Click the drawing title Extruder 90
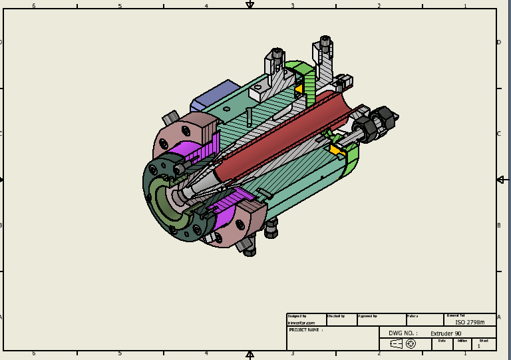[445, 333]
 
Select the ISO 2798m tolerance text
[470, 322]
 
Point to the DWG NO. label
[401, 333]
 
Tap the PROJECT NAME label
[305, 329]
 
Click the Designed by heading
[297, 316]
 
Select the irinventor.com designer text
[297, 322]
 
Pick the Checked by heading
[336, 316]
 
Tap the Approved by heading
[368, 316]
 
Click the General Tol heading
[456, 315]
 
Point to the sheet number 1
[478, 346]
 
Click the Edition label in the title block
[462, 341]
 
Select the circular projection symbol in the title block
[411, 343]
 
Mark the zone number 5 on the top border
[120, 6]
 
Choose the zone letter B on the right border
[499, 226]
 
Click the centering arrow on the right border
[500, 180]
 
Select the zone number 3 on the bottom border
[292, 354]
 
